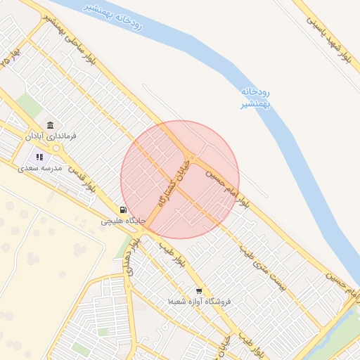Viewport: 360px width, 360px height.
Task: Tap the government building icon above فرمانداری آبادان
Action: pos(51,123)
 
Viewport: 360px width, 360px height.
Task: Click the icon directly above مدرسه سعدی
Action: pos(39,157)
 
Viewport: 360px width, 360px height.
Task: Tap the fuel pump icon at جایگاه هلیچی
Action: pos(124,210)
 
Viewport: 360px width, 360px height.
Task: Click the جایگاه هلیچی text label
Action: pos(123,221)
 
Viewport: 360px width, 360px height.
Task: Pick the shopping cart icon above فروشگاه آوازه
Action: pos(199,290)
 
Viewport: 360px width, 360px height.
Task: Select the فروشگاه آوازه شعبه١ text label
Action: pos(199,301)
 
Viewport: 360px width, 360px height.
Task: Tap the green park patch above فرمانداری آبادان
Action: pos(29,105)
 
